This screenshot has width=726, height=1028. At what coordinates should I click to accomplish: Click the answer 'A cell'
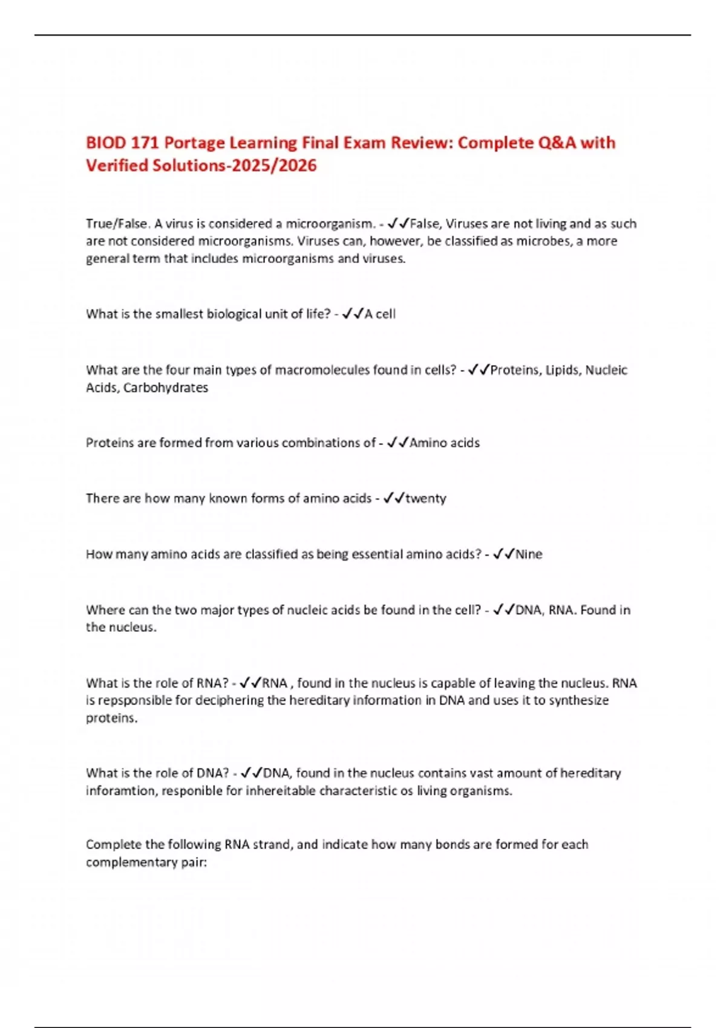tap(380, 314)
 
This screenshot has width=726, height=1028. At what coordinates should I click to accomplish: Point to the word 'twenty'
tap(426, 498)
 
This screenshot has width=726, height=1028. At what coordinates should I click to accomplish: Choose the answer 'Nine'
tap(529, 554)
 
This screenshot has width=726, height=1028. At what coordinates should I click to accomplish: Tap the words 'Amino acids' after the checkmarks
tap(445, 443)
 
